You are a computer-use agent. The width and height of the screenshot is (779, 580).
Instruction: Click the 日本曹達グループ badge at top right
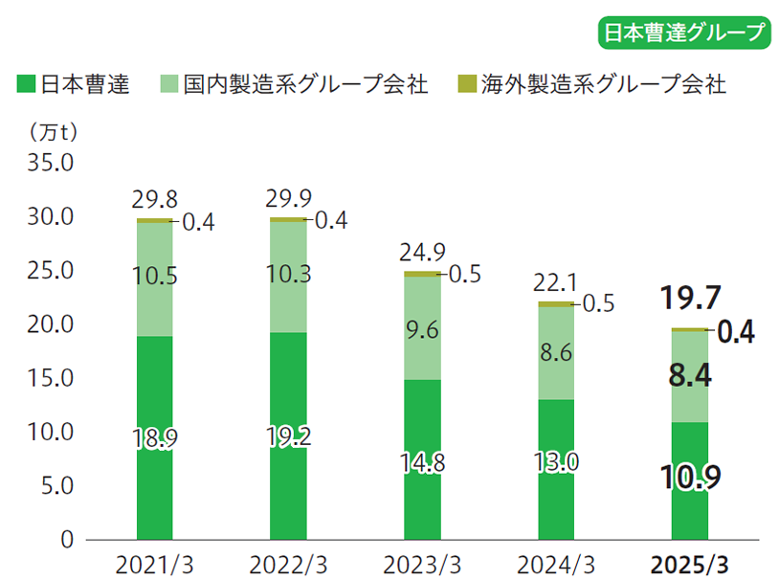684,32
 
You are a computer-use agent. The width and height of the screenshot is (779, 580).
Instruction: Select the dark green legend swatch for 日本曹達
26,84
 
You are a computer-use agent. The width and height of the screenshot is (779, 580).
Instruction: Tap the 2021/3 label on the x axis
154,563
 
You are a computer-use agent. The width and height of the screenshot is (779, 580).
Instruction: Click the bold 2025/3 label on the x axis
689,563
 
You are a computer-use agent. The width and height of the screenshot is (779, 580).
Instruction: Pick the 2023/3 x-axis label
422,563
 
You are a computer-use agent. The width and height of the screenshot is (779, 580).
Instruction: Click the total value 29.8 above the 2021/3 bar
155,200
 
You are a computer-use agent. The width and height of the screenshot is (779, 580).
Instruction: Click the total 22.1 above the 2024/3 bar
555,283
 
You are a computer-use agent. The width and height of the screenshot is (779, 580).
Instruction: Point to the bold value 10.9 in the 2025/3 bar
689,476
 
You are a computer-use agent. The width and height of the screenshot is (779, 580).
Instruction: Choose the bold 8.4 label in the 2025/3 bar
689,376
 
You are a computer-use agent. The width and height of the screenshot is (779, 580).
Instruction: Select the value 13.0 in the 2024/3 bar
555,462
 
